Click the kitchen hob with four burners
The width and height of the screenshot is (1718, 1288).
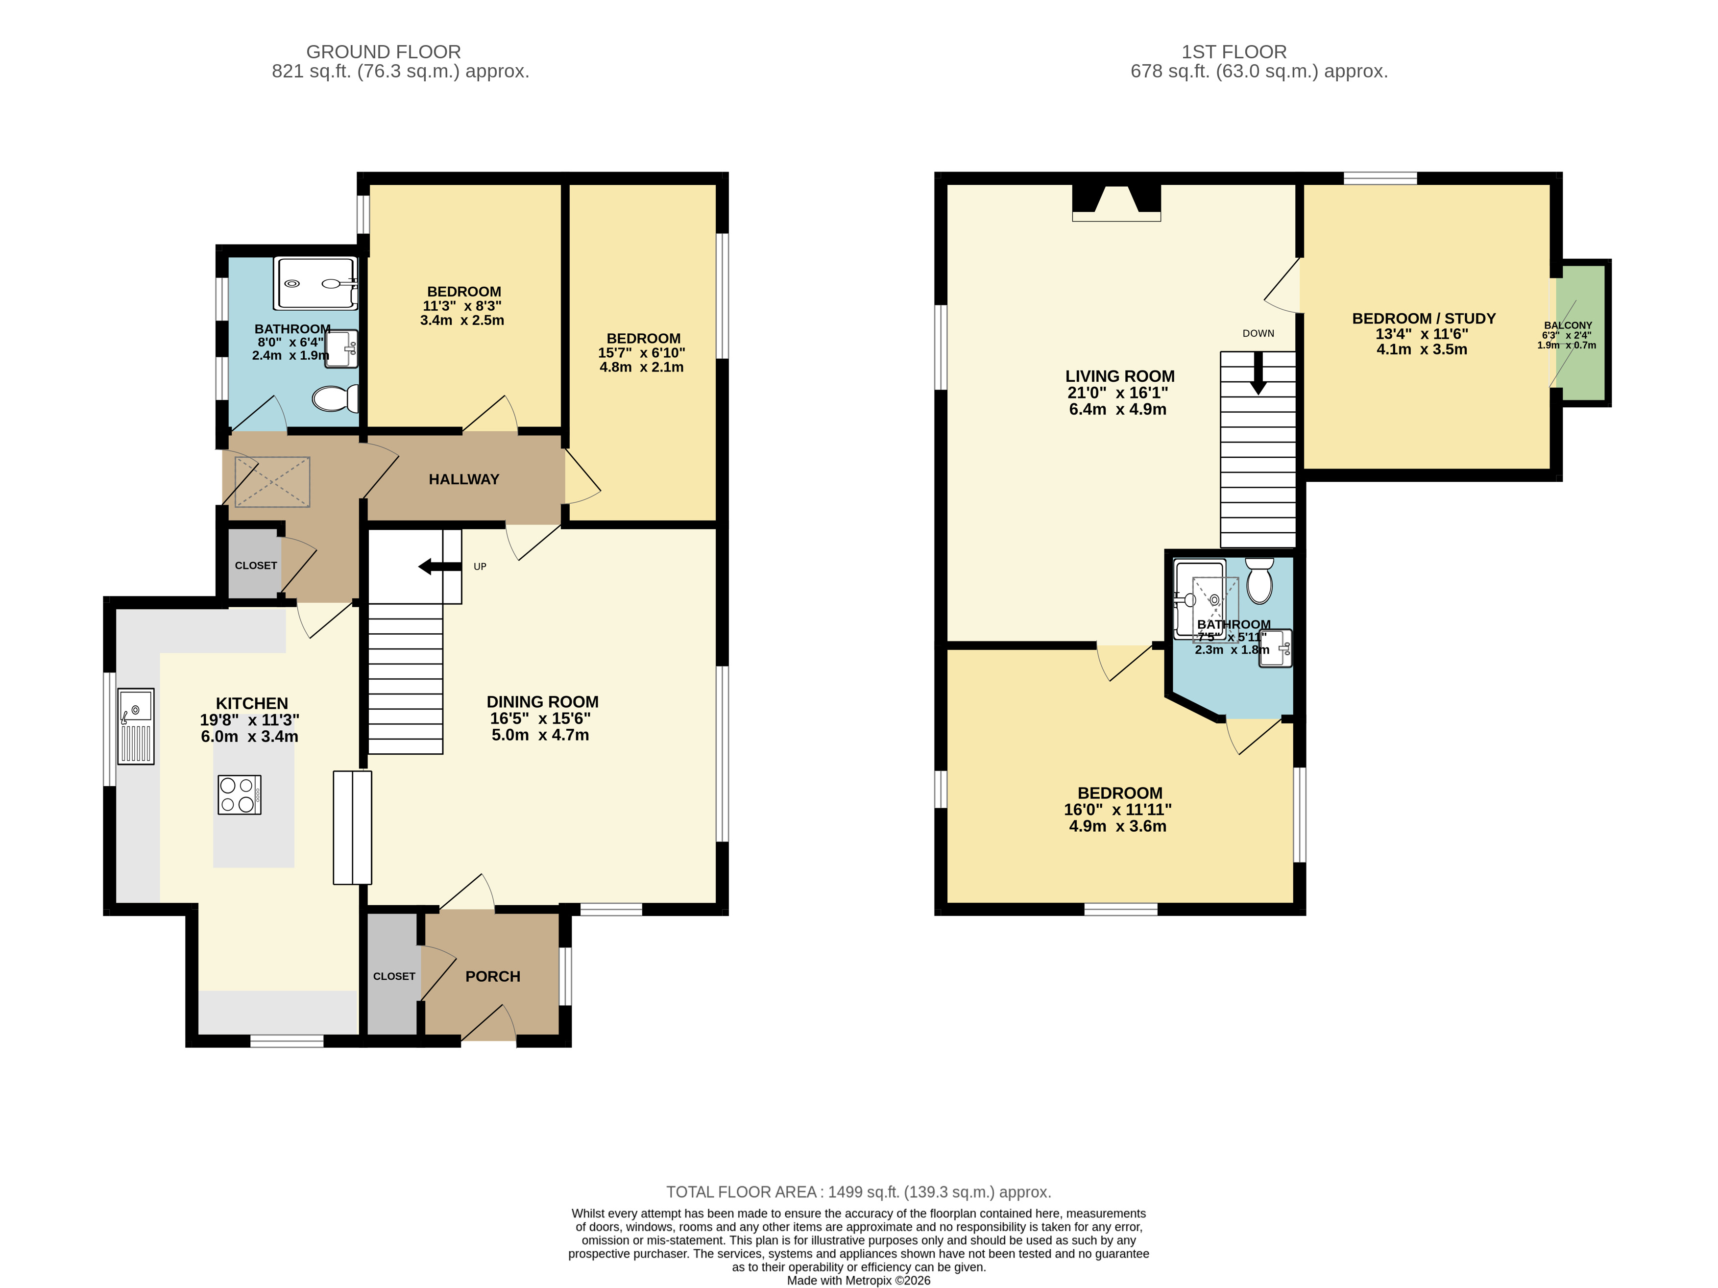[x=239, y=794]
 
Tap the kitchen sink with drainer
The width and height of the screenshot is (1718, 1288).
[x=136, y=726]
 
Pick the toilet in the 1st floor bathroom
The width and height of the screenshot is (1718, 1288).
[x=1259, y=580]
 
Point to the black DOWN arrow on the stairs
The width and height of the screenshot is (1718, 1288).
[x=1258, y=373]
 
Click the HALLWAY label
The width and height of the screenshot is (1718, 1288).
[x=464, y=479]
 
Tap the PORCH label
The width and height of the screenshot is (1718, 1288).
[x=492, y=976]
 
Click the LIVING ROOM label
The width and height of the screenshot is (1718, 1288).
[x=1120, y=376]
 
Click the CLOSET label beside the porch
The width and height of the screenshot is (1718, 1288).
[x=394, y=976]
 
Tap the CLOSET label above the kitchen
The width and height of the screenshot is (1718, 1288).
[x=256, y=566]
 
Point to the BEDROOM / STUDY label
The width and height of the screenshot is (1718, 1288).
[x=1424, y=319]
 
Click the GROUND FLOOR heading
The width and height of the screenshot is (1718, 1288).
[x=384, y=52]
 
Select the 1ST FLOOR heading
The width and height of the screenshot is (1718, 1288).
[x=1234, y=52]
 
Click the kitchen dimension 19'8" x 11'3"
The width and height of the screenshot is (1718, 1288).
[x=249, y=720]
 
